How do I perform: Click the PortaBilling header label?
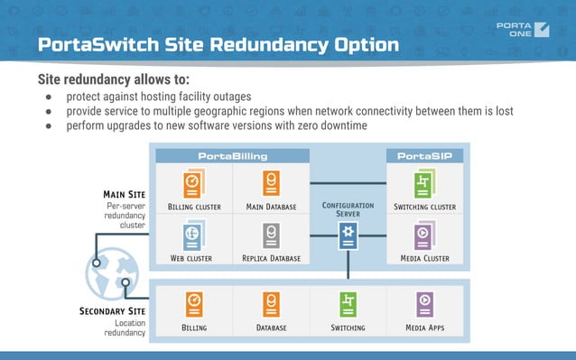pos(232,156)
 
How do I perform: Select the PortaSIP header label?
pos(424,156)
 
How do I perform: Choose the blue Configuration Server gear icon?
pos(348,236)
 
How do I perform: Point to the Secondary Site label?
pos(112,311)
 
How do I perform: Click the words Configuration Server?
pos(348,210)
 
